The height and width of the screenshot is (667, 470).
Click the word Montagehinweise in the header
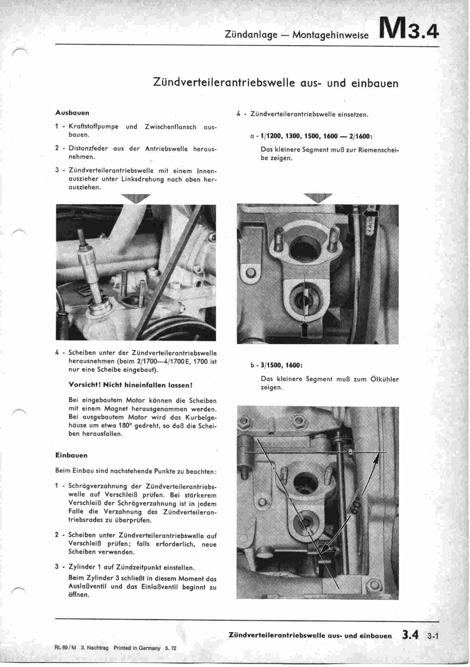[330, 35]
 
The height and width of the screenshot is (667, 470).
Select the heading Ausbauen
[72, 113]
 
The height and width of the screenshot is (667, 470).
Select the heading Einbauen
[71, 455]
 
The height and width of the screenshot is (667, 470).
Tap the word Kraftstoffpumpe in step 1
[93, 127]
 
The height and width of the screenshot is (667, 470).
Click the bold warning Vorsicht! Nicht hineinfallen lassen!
[130, 385]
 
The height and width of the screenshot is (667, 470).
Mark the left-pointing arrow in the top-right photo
[371, 214]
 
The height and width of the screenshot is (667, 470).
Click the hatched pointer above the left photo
[136, 198]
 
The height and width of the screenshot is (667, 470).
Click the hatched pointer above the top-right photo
[318, 198]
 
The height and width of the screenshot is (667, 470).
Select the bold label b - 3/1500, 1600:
[276, 365]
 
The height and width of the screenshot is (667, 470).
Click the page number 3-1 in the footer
[432, 636]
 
